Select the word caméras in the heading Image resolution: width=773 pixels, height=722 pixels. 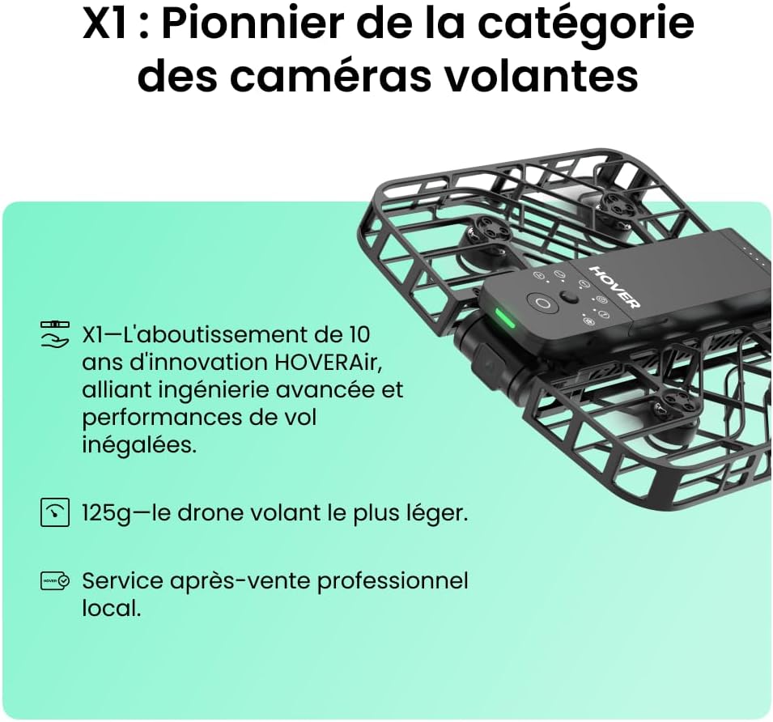pyautogui.click(x=331, y=76)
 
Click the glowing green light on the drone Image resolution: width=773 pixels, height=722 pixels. pyautogui.click(x=505, y=319)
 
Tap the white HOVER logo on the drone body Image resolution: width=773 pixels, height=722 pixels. pyautogui.click(x=614, y=287)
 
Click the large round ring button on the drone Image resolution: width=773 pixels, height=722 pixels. pyautogui.click(x=542, y=303)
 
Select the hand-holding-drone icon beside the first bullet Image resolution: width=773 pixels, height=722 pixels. pyautogui.click(x=54, y=334)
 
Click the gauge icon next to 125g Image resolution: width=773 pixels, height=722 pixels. pyautogui.click(x=54, y=512)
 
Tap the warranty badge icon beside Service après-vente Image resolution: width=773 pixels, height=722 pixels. pyautogui.click(x=55, y=581)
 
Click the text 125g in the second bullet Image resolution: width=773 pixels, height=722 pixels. pyautogui.click(x=107, y=514)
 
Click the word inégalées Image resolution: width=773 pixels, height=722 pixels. pyautogui.click(x=139, y=445)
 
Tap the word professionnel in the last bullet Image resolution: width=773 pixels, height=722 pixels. pyautogui.click(x=392, y=581)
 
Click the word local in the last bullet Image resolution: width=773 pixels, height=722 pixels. pyautogui.click(x=112, y=608)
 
